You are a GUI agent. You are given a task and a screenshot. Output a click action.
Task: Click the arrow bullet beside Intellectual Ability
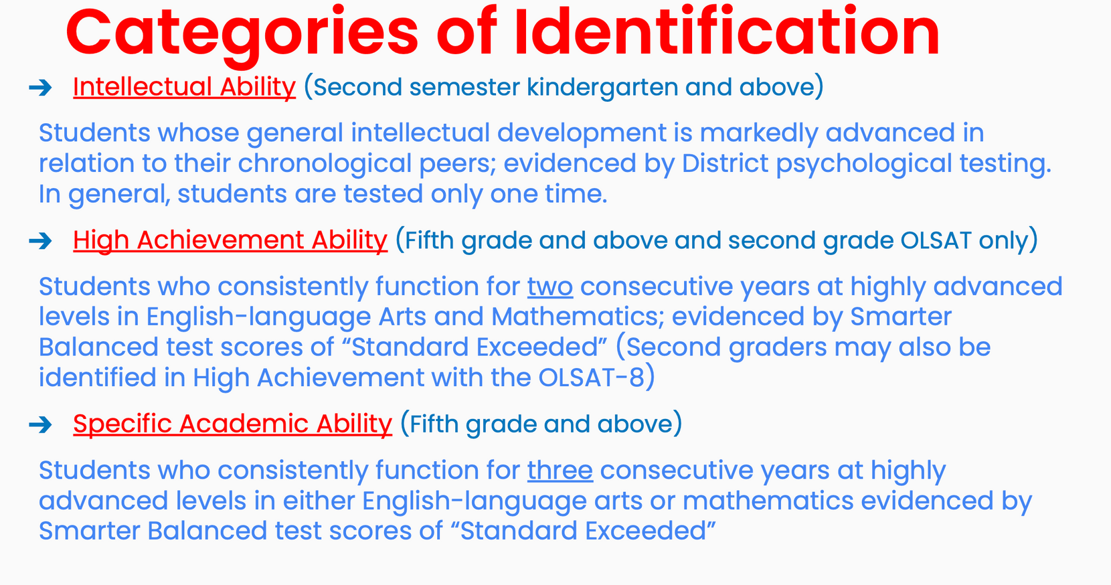click(40, 88)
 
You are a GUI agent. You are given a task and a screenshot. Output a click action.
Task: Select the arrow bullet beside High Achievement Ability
click(40, 241)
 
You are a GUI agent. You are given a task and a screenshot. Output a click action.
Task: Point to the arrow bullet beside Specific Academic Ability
click(40, 425)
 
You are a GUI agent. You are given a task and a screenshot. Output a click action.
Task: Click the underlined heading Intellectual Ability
click(185, 88)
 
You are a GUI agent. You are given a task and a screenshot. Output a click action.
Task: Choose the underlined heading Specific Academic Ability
click(233, 425)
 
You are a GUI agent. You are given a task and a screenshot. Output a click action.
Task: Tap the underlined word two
click(550, 286)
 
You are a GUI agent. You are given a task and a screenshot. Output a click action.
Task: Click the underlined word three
click(560, 470)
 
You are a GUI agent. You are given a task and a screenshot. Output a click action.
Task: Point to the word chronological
click(325, 164)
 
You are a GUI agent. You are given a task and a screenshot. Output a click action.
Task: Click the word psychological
click(863, 164)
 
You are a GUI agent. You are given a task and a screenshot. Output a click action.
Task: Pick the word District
click(725, 163)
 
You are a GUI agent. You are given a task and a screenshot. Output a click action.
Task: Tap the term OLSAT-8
click(591, 378)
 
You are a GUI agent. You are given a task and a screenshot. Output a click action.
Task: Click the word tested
click(383, 193)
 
